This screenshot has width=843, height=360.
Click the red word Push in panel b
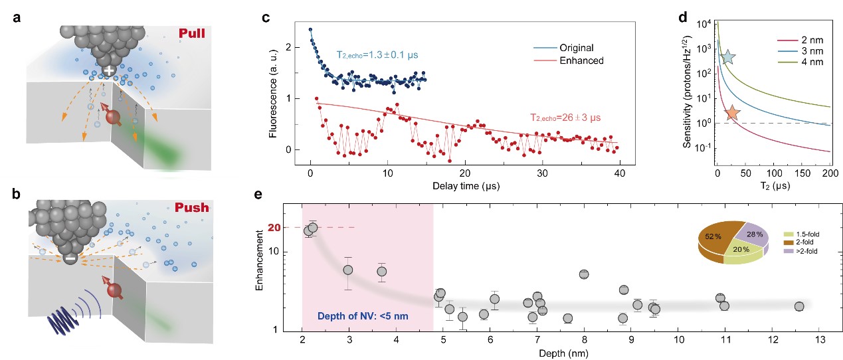(x=191, y=207)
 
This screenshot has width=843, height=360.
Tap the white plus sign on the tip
(x=108, y=70)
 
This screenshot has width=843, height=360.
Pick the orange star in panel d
(x=732, y=114)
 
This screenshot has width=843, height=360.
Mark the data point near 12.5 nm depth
(x=798, y=306)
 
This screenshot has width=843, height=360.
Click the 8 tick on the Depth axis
(x=585, y=339)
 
